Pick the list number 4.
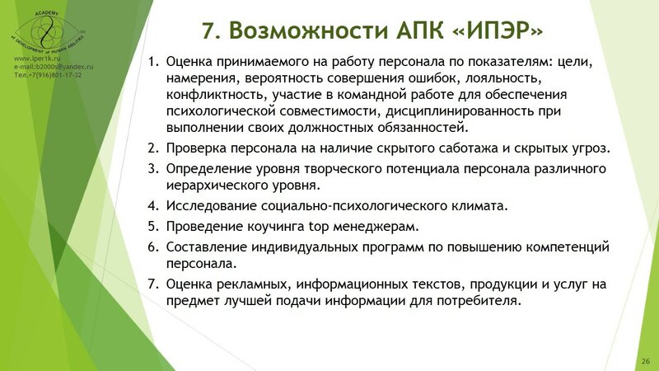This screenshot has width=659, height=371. pos(153,204)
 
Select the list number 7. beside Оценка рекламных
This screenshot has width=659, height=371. pos(153,284)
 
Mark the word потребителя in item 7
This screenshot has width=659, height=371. pos(481,301)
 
